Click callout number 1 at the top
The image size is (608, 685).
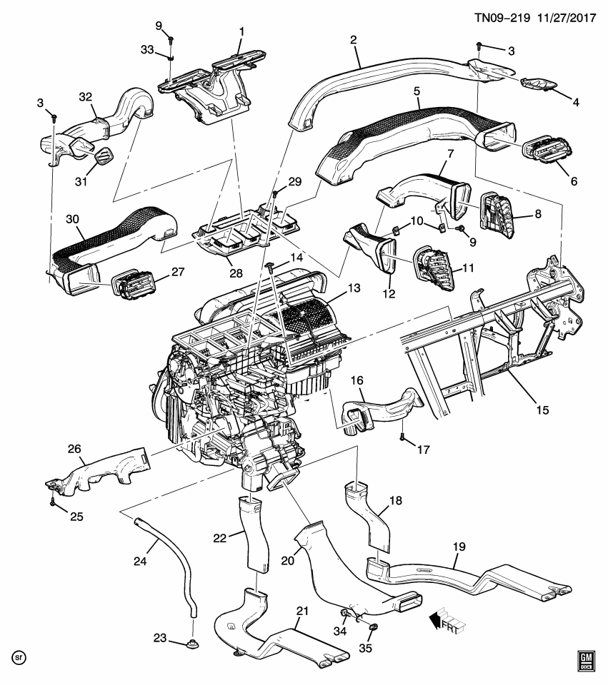[241, 32]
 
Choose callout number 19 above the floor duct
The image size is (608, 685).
[459, 547]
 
